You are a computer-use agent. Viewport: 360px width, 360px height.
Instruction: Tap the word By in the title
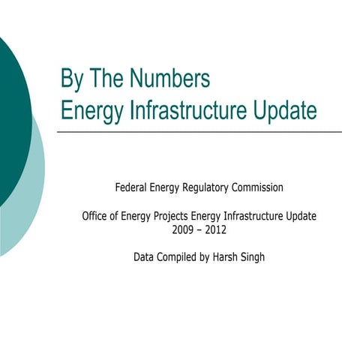tap(73, 78)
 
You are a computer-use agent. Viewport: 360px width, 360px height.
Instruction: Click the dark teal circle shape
tap(11, 112)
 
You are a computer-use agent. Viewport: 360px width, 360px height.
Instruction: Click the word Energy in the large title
tap(88, 110)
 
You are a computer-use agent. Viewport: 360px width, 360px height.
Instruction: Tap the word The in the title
tap(109, 78)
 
